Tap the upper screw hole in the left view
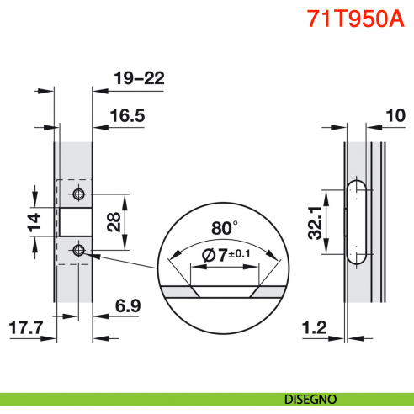pos(78,194)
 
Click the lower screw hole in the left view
pos(78,250)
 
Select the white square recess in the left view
pos(73,222)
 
